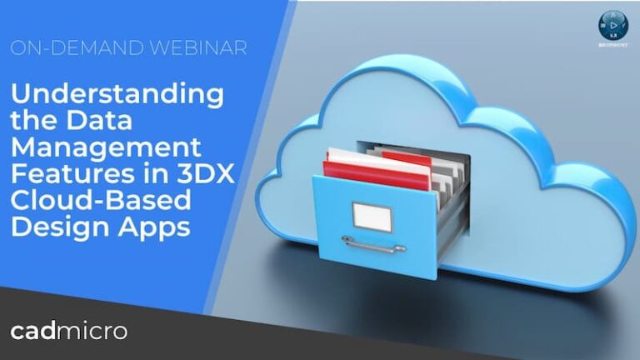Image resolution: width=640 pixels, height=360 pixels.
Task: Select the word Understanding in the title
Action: click(x=117, y=94)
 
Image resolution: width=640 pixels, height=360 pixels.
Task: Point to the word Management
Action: click(x=106, y=148)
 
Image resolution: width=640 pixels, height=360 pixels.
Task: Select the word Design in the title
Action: click(x=54, y=229)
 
